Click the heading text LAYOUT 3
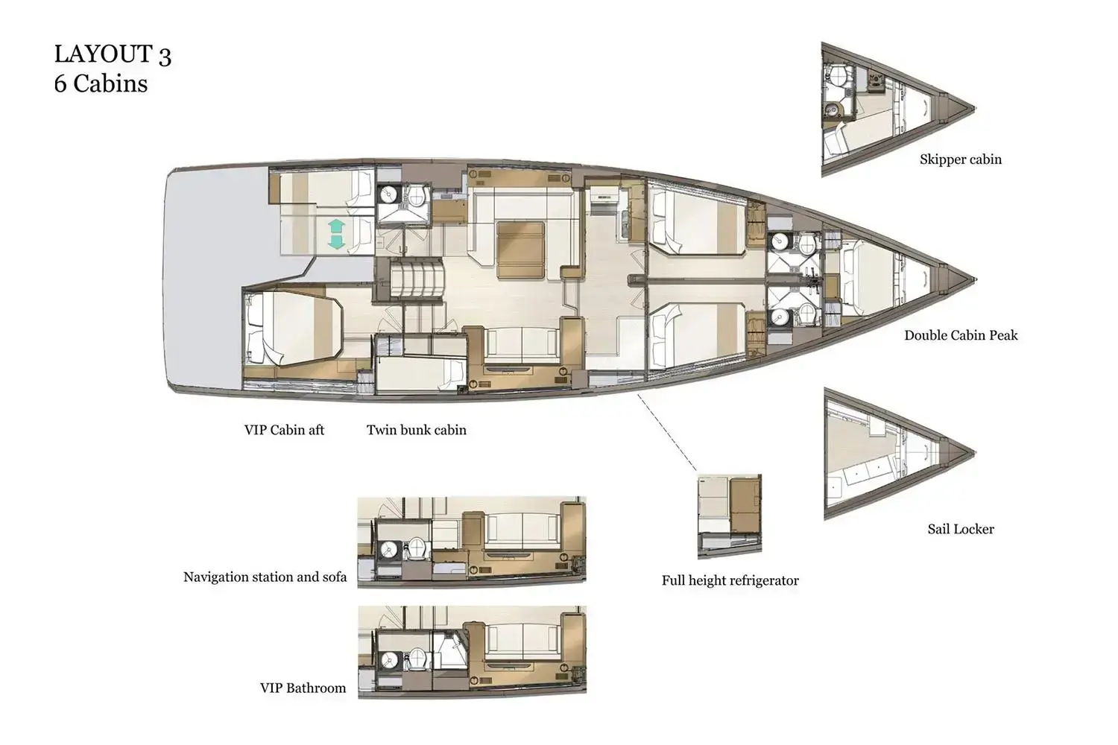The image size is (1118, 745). click(113, 54)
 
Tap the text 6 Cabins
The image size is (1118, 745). click(101, 83)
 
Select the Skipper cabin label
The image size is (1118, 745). click(960, 159)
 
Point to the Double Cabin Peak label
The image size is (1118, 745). click(960, 335)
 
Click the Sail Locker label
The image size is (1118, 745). click(960, 529)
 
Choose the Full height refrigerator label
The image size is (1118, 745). click(730, 580)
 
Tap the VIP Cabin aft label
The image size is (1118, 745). click(284, 430)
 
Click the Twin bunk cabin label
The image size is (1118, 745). click(416, 430)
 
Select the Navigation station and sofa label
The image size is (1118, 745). click(265, 577)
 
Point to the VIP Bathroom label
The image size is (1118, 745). click(303, 688)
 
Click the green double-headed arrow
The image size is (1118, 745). click(335, 235)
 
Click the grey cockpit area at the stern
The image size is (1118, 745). click(209, 283)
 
